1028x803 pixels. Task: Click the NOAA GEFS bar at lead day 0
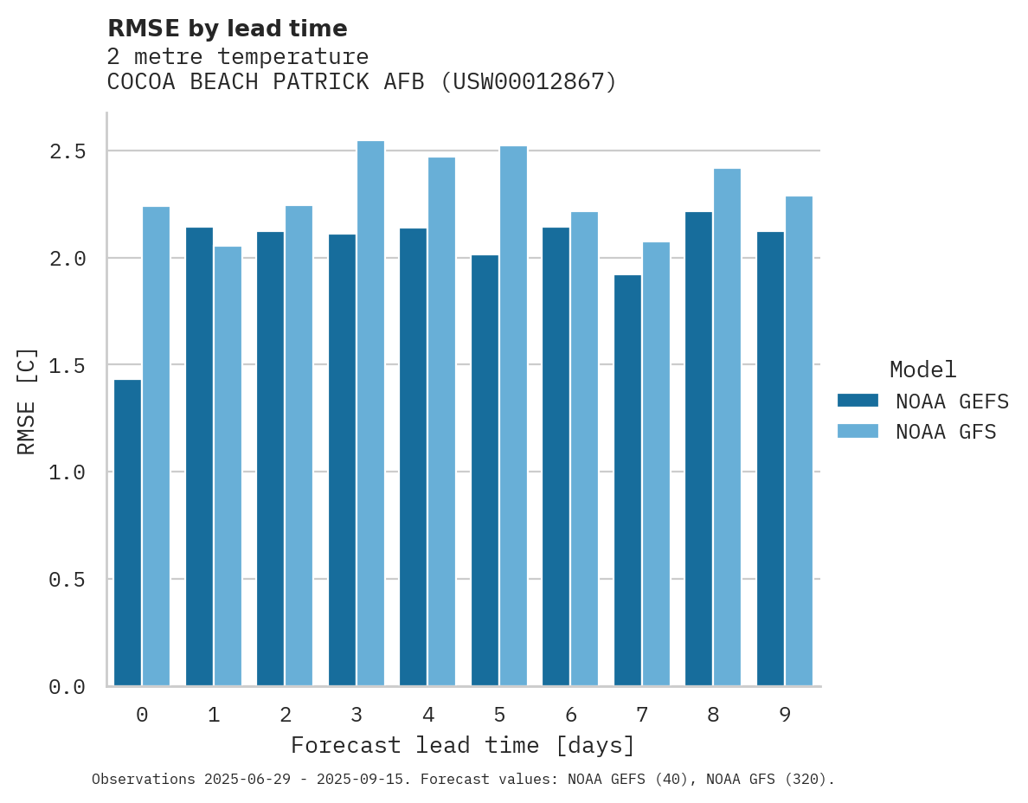point(127,532)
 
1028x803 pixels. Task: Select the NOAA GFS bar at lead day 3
point(370,414)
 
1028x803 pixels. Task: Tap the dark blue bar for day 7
point(627,480)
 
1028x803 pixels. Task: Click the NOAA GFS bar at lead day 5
point(513,415)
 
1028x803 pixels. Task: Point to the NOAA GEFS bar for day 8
point(698,448)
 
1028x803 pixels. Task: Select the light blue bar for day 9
point(799,441)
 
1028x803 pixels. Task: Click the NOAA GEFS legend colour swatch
point(858,401)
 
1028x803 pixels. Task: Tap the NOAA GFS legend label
point(946,432)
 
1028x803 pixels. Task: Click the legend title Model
point(922,369)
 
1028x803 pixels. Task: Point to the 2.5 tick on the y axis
point(67,151)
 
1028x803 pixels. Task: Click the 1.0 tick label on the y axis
point(67,472)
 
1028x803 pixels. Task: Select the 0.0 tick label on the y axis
point(67,687)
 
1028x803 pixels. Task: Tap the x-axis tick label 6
point(571,715)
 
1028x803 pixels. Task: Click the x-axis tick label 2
point(285,715)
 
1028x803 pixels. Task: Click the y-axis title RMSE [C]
point(27,401)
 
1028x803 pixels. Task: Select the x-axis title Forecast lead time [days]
point(463,745)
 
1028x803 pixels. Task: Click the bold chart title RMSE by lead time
point(227,29)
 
